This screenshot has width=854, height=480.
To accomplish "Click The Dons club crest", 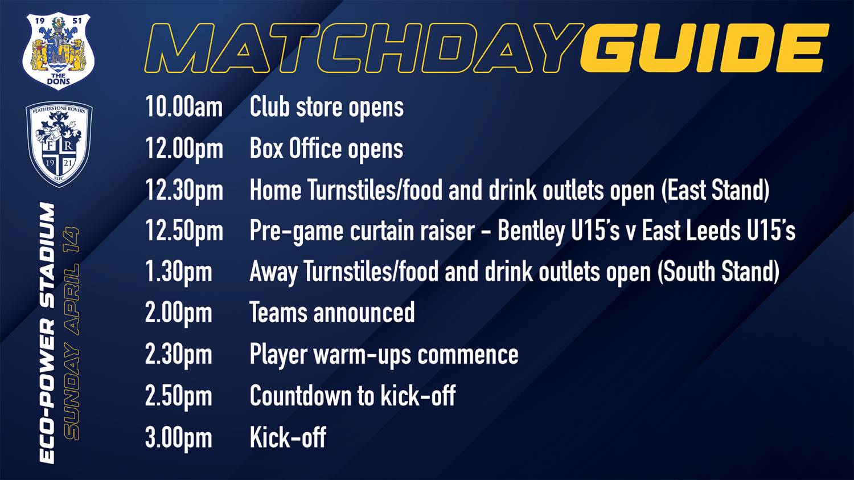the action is [x=58, y=51].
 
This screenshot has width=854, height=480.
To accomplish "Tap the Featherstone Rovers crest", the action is [x=59, y=144].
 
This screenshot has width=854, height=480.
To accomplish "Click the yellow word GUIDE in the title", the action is [x=705, y=48].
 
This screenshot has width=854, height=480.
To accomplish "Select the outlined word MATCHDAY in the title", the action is [x=364, y=48].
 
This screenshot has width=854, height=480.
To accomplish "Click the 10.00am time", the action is [x=184, y=107].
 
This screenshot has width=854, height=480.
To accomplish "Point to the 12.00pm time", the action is [x=184, y=150].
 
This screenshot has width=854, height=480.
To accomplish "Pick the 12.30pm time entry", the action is [x=184, y=191].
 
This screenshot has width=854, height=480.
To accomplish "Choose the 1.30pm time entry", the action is [x=178, y=273].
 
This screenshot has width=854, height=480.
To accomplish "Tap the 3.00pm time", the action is [x=178, y=438].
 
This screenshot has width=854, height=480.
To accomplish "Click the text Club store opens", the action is [x=327, y=108].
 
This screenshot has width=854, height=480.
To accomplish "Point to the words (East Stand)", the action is [x=715, y=190].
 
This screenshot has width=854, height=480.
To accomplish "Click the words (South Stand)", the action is [x=718, y=272].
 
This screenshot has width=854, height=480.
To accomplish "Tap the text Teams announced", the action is [x=332, y=313].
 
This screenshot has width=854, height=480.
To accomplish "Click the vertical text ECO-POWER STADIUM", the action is [x=47, y=333].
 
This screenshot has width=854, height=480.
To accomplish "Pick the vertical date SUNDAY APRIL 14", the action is [x=71, y=333].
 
